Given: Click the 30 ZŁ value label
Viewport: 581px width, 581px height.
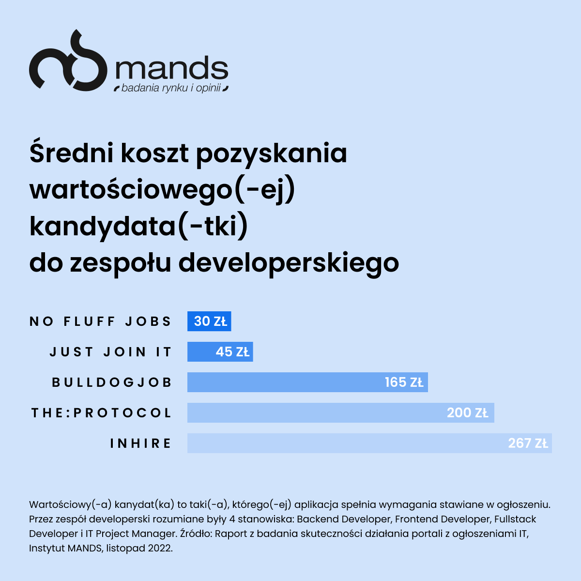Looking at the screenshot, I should coord(211,321).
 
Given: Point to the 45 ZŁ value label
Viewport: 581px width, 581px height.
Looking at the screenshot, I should coord(232,352).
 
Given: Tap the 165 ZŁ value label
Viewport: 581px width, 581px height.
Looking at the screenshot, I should coord(404,382).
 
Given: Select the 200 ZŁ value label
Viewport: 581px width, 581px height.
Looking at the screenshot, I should coord(467,413).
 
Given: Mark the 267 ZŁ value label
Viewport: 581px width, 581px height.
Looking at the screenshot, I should coord(528,443).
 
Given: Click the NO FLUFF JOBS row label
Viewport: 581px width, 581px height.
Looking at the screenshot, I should coord(101,321).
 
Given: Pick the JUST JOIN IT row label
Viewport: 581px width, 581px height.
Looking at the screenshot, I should coord(111,352).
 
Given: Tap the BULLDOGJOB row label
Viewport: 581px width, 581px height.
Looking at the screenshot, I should coord(112,382).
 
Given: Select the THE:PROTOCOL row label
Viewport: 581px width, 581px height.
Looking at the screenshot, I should coord(102,413).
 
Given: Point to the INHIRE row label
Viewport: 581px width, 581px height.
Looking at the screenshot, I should coord(141,443).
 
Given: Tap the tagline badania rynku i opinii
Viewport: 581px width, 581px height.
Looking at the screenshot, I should coord(171,89).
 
